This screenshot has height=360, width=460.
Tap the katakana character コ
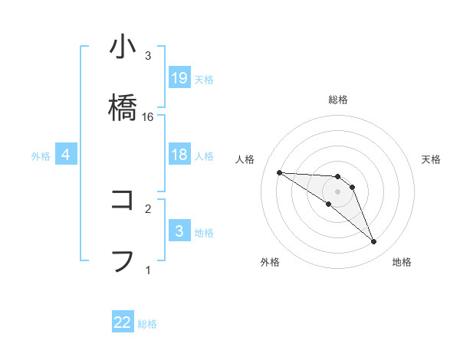point(123,200)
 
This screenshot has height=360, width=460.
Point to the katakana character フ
point(123,260)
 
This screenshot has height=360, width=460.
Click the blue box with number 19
point(179,78)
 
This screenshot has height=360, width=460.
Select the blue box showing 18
point(179,155)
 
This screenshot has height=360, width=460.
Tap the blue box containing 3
point(179,231)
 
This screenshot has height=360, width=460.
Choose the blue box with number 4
point(66,155)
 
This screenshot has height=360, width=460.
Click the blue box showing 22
point(123,322)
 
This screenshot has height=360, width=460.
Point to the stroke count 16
point(148,116)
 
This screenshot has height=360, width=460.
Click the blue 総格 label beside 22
point(147,324)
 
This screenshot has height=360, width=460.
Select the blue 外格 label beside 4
point(41,156)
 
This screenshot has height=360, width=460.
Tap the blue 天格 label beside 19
point(204,80)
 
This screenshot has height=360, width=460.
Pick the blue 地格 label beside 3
point(204,233)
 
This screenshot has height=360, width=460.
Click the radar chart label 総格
point(337,100)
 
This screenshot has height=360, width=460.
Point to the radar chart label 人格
point(245,159)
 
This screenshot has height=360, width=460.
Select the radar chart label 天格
point(431,159)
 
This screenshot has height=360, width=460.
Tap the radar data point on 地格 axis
point(373,242)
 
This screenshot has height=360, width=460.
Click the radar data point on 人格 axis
point(279,172)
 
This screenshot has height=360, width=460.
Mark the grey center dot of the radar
point(337,191)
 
